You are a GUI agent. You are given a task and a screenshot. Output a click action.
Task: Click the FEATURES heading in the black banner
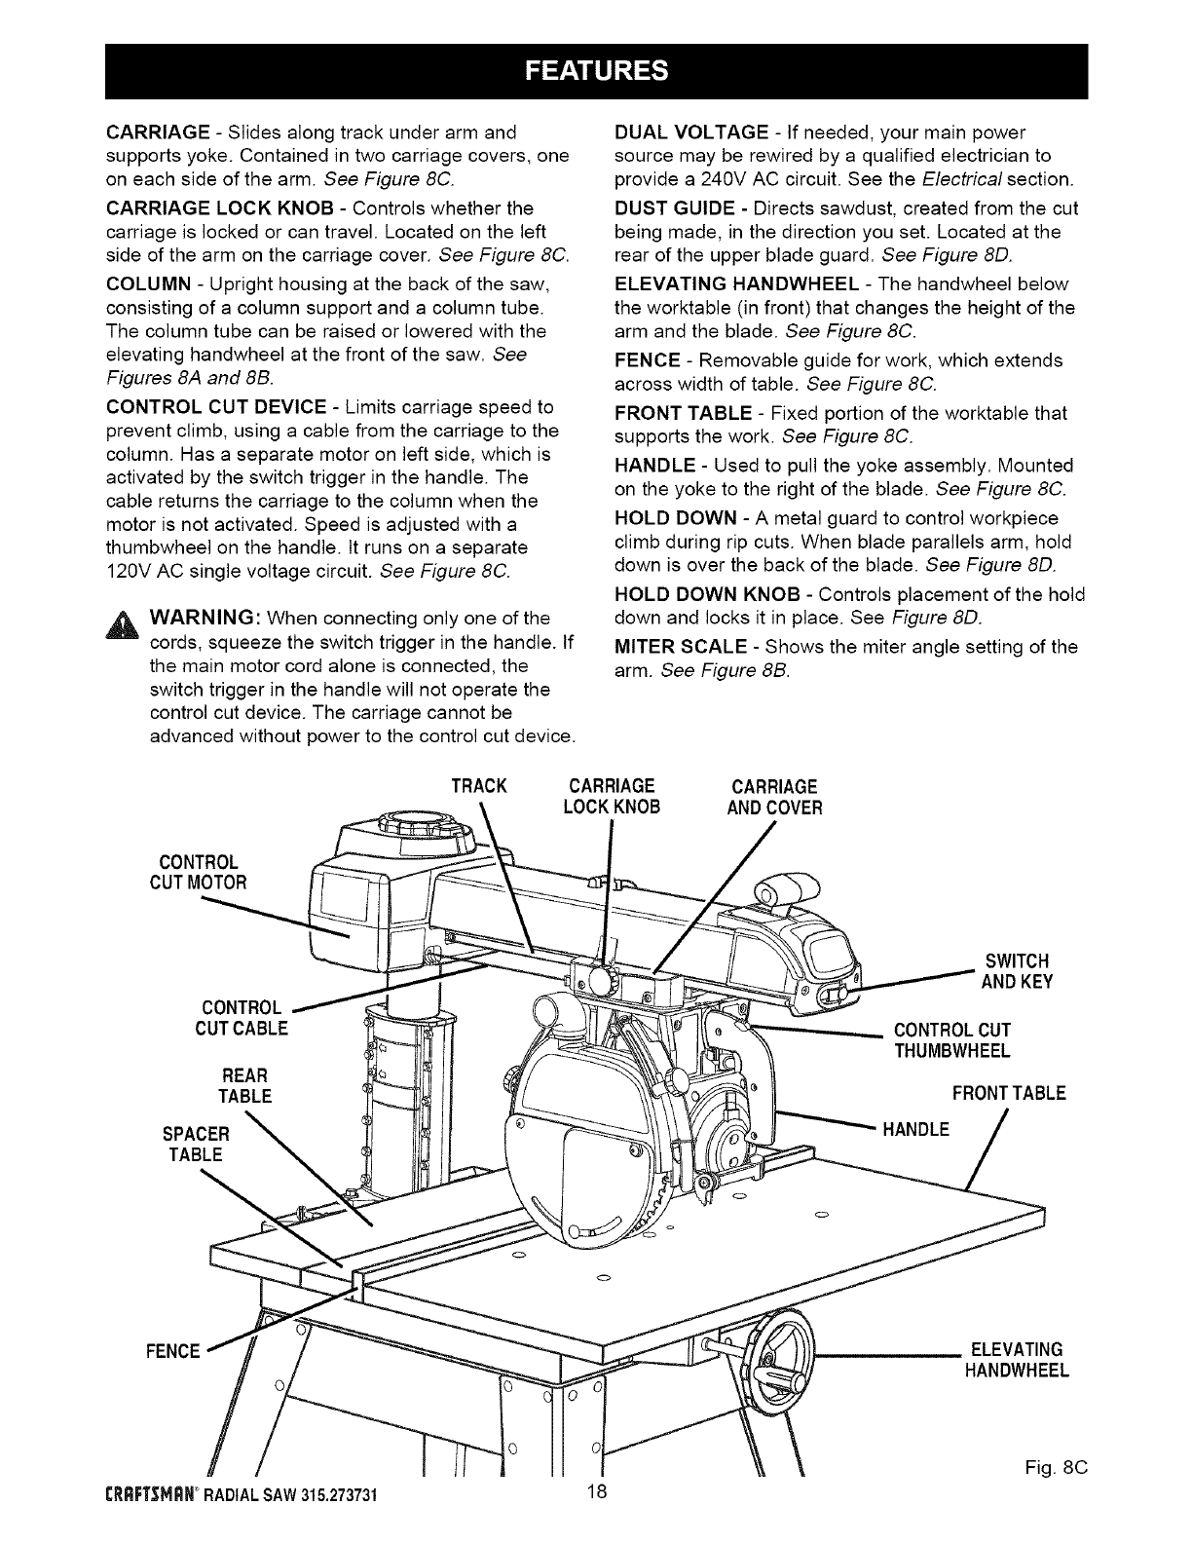click(596, 71)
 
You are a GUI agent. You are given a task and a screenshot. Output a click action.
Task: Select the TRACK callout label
click(480, 786)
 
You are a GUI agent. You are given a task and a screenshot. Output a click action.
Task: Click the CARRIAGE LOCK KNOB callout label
click(611, 797)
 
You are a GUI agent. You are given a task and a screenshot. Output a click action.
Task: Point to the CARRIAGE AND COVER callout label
click(775, 797)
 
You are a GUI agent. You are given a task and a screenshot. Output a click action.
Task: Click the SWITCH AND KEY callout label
click(1018, 972)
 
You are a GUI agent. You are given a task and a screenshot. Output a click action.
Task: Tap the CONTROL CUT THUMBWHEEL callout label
click(951, 1040)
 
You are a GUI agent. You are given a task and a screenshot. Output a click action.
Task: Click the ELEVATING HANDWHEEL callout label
click(1017, 1360)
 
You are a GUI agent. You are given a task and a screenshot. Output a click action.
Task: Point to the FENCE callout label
click(175, 1351)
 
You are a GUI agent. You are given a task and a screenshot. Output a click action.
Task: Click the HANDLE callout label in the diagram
click(915, 1130)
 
